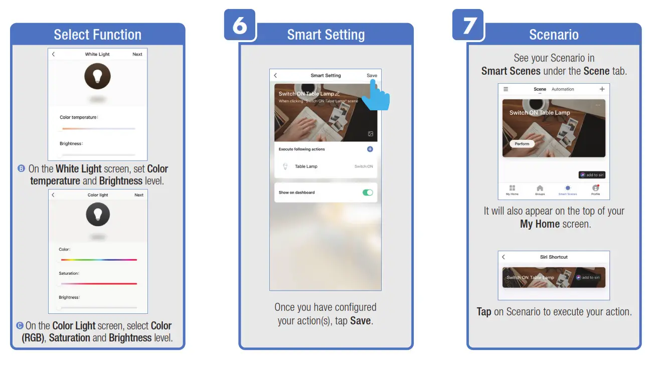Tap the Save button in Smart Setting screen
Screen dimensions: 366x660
point(372,76)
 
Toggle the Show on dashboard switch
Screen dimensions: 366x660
point(368,193)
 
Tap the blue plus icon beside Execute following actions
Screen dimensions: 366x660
point(370,149)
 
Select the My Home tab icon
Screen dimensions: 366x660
point(512,189)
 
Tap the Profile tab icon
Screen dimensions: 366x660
point(595,189)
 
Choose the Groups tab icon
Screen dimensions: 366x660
point(540,189)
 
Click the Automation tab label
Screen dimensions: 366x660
point(563,89)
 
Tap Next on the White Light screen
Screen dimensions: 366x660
point(137,54)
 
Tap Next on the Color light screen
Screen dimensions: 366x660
point(139,195)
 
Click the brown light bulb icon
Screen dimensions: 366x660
point(97,76)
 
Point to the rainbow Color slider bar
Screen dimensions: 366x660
point(99,260)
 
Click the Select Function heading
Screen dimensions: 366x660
point(97,35)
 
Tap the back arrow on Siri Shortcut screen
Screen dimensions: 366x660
point(504,257)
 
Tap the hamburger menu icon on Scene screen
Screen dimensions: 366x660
point(506,89)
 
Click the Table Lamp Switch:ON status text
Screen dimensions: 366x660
point(364,166)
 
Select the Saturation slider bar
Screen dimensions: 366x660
point(99,284)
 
